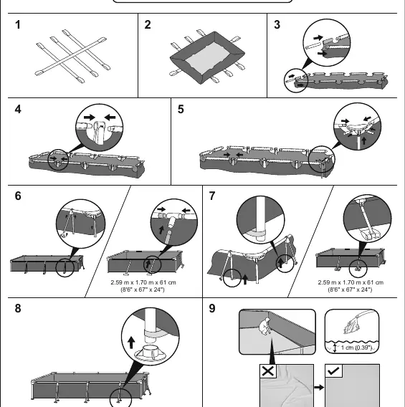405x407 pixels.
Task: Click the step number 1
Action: (18, 25)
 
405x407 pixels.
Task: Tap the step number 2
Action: (148, 25)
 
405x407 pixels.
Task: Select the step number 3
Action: (277, 25)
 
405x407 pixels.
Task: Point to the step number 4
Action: (18, 110)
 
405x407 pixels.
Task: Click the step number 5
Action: (181, 110)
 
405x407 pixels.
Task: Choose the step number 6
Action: (18, 196)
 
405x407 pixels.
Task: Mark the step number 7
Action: (212, 196)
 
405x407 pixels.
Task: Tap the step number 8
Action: (18, 308)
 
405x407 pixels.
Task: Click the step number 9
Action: (212, 308)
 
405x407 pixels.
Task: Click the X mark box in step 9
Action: (268, 371)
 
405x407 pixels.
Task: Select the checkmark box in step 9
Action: (333, 371)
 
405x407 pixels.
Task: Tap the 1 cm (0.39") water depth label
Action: (356, 348)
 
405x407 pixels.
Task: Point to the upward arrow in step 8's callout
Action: (131, 343)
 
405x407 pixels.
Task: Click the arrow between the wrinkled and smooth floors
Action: (319, 388)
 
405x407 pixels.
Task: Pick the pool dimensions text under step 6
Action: (143, 286)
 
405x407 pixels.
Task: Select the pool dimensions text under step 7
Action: (351, 286)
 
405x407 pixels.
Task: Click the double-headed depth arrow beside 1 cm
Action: (335, 348)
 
